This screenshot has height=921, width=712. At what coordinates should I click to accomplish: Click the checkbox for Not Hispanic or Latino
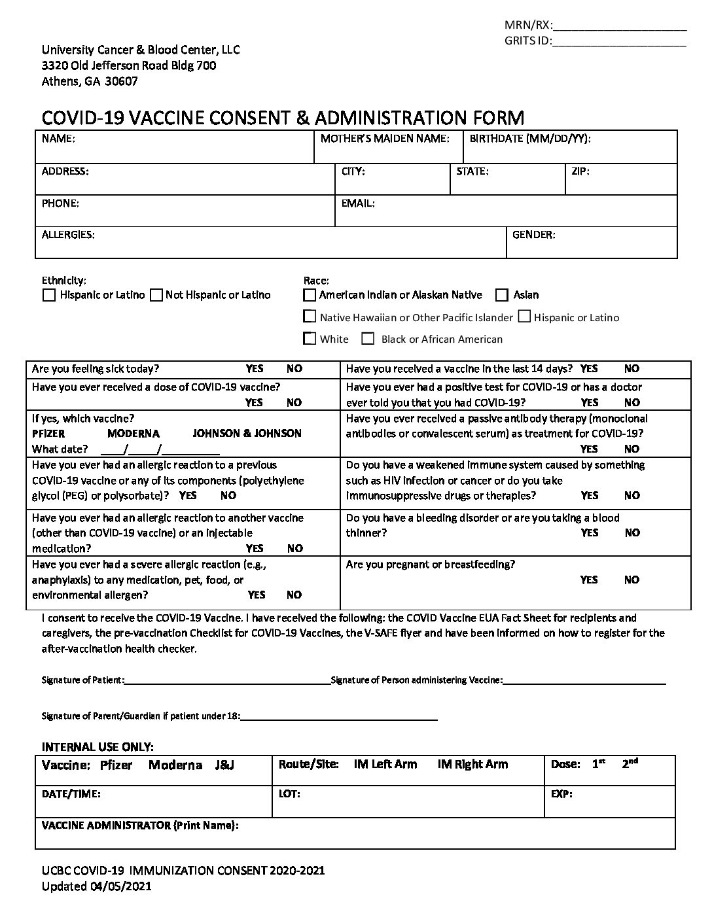coord(156,295)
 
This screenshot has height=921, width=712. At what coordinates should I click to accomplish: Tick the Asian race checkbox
coord(502,295)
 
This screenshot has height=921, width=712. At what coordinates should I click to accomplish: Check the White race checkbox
coord(310,339)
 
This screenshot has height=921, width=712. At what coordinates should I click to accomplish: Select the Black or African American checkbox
coord(368,339)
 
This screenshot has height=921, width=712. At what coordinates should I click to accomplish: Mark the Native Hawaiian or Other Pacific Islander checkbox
coord(310,317)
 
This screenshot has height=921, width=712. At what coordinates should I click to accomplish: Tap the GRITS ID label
coord(527,41)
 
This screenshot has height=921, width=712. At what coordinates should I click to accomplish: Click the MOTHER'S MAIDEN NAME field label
coord(384,139)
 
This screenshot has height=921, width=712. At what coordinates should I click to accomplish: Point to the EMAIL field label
coord(357,203)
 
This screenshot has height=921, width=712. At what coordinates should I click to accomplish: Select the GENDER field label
coord(533,234)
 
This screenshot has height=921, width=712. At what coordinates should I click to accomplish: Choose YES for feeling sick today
coord(255,369)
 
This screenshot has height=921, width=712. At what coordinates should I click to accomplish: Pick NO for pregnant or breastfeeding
coord(632,580)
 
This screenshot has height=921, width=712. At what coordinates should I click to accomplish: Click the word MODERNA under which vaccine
coord(133,434)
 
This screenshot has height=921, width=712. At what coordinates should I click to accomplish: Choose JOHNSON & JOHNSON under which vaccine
coord(247,434)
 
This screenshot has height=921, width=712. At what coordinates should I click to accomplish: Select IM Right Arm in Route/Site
coord(472,764)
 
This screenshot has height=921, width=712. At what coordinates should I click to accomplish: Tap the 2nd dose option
coord(630,763)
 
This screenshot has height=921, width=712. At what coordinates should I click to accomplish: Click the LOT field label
coord(289,794)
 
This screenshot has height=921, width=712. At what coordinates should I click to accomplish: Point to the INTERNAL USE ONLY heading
coord(98,746)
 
